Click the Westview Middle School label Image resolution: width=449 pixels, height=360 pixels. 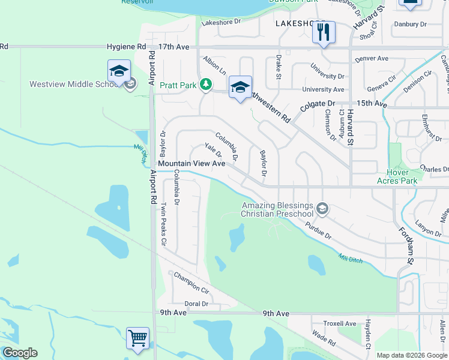[x=73, y=84]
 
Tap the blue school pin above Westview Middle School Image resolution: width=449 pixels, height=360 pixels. [x=119, y=71]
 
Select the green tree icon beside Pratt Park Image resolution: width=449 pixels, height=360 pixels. [x=206, y=85]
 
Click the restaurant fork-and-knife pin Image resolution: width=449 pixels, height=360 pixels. [x=324, y=32]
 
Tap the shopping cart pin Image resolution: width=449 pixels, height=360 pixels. [x=137, y=338]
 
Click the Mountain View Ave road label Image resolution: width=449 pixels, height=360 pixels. [x=191, y=163]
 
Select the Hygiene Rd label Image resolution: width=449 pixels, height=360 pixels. [x=126, y=46]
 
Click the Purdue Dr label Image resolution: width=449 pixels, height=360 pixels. [x=318, y=230]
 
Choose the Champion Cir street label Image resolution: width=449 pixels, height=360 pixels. [x=191, y=283]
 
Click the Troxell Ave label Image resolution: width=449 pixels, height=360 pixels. [x=340, y=323]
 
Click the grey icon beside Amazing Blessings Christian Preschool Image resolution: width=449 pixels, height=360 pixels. [x=322, y=208]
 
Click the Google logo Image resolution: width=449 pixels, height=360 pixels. [x=20, y=353]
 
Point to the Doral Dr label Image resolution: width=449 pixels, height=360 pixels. [x=196, y=304]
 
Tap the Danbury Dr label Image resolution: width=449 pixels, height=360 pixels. [x=410, y=25]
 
